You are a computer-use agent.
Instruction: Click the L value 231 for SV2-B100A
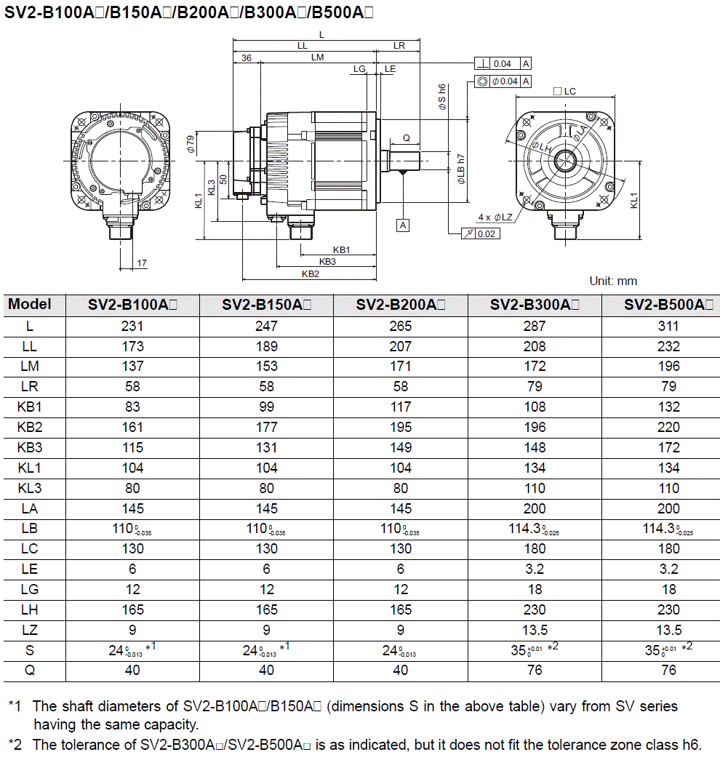tap(132, 326)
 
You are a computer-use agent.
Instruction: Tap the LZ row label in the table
tap(30, 630)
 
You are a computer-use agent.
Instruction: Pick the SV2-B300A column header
tap(535, 305)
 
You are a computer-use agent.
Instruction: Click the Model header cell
tap(30, 304)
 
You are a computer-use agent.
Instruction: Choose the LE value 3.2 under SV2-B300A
tap(535, 569)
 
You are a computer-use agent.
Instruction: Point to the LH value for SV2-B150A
tap(266, 609)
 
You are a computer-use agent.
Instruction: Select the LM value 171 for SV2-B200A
tap(400, 367)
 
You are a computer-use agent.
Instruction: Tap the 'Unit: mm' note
tap(612, 281)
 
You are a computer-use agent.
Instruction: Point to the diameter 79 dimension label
tap(191, 143)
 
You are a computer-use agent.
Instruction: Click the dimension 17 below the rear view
tap(142, 263)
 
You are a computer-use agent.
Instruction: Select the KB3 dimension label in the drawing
tap(327, 261)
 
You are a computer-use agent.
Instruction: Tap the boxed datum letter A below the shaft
tap(404, 225)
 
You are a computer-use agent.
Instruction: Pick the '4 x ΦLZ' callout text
tap(495, 217)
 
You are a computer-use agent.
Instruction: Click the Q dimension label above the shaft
tap(406, 137)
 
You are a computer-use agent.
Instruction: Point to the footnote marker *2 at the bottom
tap(14, 744)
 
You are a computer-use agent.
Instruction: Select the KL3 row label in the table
tap(30, 488)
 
